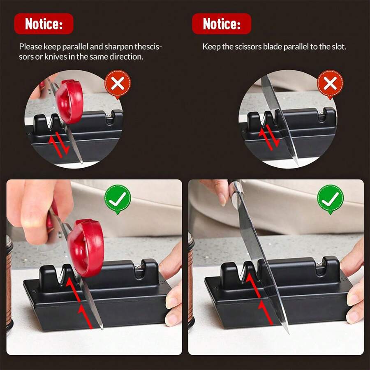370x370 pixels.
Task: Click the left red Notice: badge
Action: click(44, 24)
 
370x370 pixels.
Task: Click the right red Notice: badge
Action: click(222, 24)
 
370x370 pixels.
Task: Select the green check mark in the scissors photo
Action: click(118, 199)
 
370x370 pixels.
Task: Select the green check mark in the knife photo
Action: click(330, 199)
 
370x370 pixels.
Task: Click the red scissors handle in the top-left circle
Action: click(70, 101)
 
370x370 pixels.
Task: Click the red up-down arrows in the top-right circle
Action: click(269, 137)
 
